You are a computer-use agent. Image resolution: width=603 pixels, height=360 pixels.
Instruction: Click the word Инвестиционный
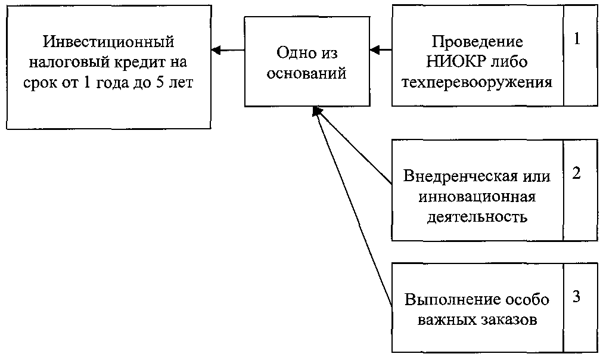(108, 42)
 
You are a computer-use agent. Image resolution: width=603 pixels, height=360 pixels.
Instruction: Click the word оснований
(306, 73)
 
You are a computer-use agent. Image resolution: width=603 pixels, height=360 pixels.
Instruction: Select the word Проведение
(477, 42)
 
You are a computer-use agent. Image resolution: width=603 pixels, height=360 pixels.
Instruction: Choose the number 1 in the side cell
(577, 39)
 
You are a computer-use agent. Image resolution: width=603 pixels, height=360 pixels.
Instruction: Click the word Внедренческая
(460, 176)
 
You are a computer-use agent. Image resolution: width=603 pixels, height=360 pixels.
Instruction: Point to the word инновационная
(477, 197)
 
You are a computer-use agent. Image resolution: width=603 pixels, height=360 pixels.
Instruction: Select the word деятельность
(477, 218)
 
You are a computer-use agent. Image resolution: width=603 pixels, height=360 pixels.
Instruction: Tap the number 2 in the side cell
(576, 173)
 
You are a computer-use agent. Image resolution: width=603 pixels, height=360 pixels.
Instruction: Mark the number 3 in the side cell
(576, 297)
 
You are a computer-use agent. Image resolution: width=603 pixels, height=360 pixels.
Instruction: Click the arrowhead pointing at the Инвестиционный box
(216, 50)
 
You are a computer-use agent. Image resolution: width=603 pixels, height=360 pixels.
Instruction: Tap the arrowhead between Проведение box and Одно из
(375, 50)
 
